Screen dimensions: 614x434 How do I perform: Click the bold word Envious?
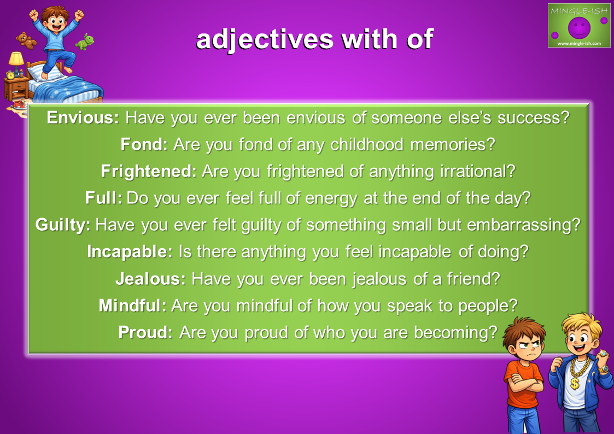(x=83, y=118)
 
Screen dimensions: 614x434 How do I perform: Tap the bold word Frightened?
(x=149, y=172)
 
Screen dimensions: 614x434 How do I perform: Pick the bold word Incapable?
(x=130, y=251)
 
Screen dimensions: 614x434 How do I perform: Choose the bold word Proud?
(x=145, y=332)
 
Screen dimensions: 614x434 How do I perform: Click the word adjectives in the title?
(x=265, y=39)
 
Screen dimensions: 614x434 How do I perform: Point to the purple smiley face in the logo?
(x=579, y=28)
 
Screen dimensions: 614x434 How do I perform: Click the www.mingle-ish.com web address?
(x=579, y=43)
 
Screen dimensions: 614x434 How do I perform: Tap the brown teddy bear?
(x=26, y=40)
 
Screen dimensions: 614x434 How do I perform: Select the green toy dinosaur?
(x=85, y=42)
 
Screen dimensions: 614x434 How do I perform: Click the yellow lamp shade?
(x=16, y=58)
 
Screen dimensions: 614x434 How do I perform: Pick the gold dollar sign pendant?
(x=575, y=383)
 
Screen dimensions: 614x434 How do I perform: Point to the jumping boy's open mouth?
(x=57, y=28)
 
